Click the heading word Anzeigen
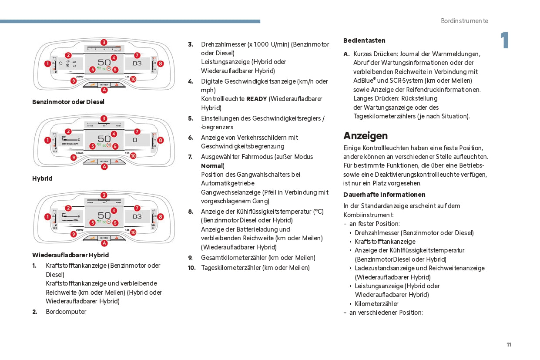365,136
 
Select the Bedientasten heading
364,40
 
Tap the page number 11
509,345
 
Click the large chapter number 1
504,41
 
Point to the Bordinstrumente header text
464,21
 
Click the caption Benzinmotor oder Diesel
68,102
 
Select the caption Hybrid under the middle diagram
42,178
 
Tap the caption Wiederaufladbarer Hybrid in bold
70,255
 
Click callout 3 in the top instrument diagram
104,42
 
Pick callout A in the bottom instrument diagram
104,243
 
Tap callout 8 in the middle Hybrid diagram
161,140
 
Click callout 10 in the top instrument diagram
133,79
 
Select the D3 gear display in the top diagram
137,64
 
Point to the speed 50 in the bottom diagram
104,215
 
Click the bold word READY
256,99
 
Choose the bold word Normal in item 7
211,166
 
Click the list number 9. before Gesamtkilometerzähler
191,258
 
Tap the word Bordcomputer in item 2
66,312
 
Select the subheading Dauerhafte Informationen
384,195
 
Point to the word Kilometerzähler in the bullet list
376,304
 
